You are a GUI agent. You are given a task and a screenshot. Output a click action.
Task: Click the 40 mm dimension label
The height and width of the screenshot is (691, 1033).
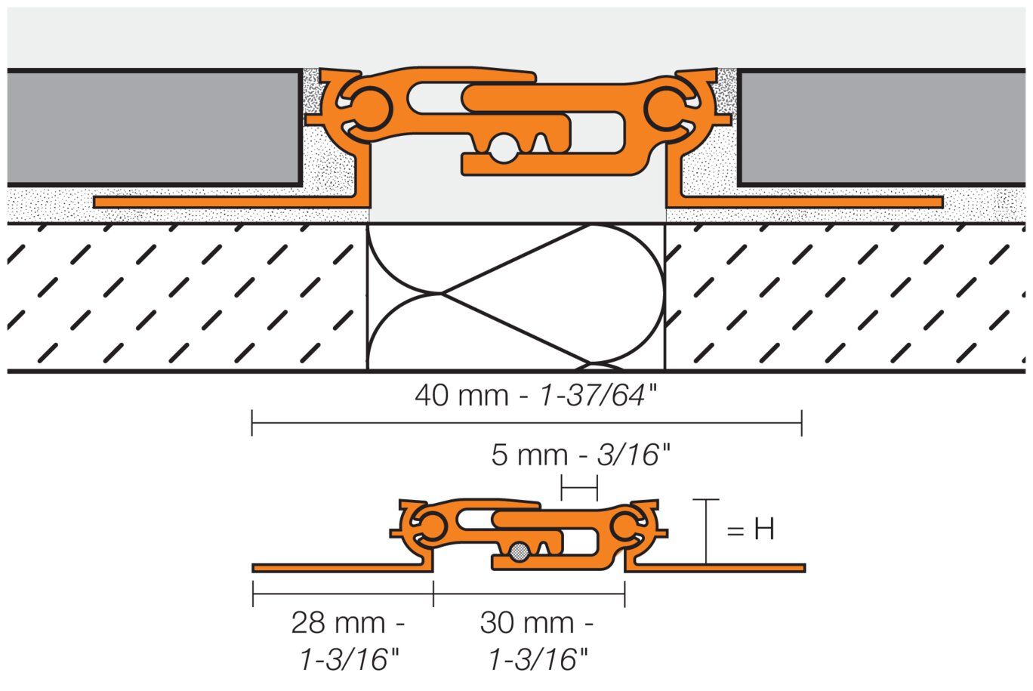click(535, 395)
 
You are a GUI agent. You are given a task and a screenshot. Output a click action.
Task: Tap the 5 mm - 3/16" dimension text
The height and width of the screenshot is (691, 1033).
click(581, 455)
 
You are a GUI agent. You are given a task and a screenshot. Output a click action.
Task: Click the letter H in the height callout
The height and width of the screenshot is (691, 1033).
click(764, 529)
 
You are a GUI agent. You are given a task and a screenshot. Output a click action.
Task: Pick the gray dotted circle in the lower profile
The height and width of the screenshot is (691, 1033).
click(520, 552)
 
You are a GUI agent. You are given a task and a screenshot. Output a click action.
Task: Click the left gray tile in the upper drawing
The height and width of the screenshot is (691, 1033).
click(155, 128)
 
